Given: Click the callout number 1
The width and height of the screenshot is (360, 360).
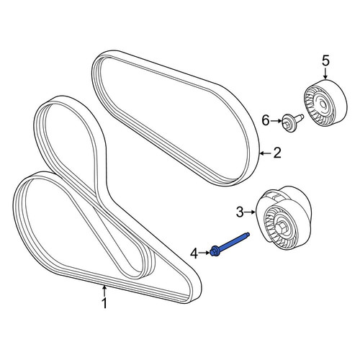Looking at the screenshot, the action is point(104,303).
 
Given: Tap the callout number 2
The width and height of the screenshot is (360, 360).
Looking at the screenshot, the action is point(277,153).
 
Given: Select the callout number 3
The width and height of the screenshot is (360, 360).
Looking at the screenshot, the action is point(240,212).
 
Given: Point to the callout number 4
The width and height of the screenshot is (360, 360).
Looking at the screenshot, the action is point(194,253).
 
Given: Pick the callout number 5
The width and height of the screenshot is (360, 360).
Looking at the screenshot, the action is point(325,60).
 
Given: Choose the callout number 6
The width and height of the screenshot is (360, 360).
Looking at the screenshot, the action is point(266,121).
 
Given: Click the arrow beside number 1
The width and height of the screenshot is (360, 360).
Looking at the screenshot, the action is point(104,290).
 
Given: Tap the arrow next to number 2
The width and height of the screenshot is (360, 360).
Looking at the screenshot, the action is point(266,153).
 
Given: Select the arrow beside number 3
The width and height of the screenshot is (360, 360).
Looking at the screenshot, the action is point(251,212).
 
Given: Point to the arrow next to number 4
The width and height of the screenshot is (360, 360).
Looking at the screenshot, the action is point(204,253).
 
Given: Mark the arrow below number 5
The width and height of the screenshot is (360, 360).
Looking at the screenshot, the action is point(325,73).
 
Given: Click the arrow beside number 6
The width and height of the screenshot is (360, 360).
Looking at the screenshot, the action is point(276,121).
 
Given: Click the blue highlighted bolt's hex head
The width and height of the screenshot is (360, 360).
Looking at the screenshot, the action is point(213,252).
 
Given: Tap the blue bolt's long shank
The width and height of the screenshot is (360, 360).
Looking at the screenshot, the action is point(233,242).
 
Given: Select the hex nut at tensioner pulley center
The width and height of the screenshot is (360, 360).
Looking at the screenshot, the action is point(280,227).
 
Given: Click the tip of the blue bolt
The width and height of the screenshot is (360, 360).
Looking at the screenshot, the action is point(248,234).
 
